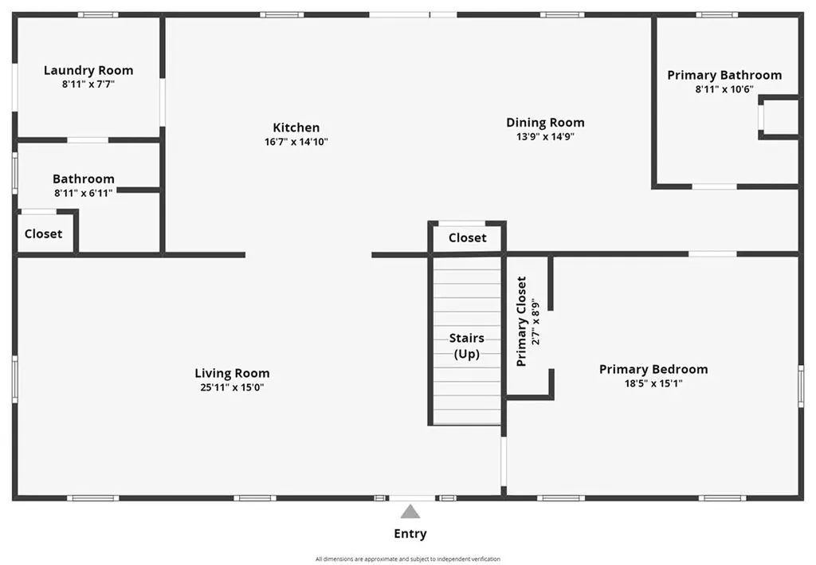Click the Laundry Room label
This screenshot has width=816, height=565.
(88, 70)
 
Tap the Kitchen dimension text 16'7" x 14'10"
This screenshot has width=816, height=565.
(296, 141)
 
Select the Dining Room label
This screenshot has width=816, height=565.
(545, 122)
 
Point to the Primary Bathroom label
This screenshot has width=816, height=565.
(724, 75)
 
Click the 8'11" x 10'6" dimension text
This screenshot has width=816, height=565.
(724, 89)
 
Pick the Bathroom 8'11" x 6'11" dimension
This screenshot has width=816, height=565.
(84, 193)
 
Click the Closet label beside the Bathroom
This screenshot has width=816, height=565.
(43, 233)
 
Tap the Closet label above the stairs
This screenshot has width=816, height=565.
(467, 237)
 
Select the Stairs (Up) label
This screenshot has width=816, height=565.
(467, 346)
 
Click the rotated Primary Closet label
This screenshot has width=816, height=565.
(522, 321)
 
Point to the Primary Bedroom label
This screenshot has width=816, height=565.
(653, 369)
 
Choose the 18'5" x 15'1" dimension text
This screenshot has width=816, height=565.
(653, 383)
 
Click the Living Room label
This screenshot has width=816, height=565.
(232, 373)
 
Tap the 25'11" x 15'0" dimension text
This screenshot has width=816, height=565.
(232, 387)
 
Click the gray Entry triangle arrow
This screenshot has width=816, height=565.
(410, 512)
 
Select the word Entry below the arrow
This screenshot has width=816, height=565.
(410, 534)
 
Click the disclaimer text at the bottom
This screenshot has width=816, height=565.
(407, 559)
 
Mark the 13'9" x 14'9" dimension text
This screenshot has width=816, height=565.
(545, 136)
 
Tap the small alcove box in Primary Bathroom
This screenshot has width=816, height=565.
(780, 117)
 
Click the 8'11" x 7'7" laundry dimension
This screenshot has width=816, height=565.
(88, 84)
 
